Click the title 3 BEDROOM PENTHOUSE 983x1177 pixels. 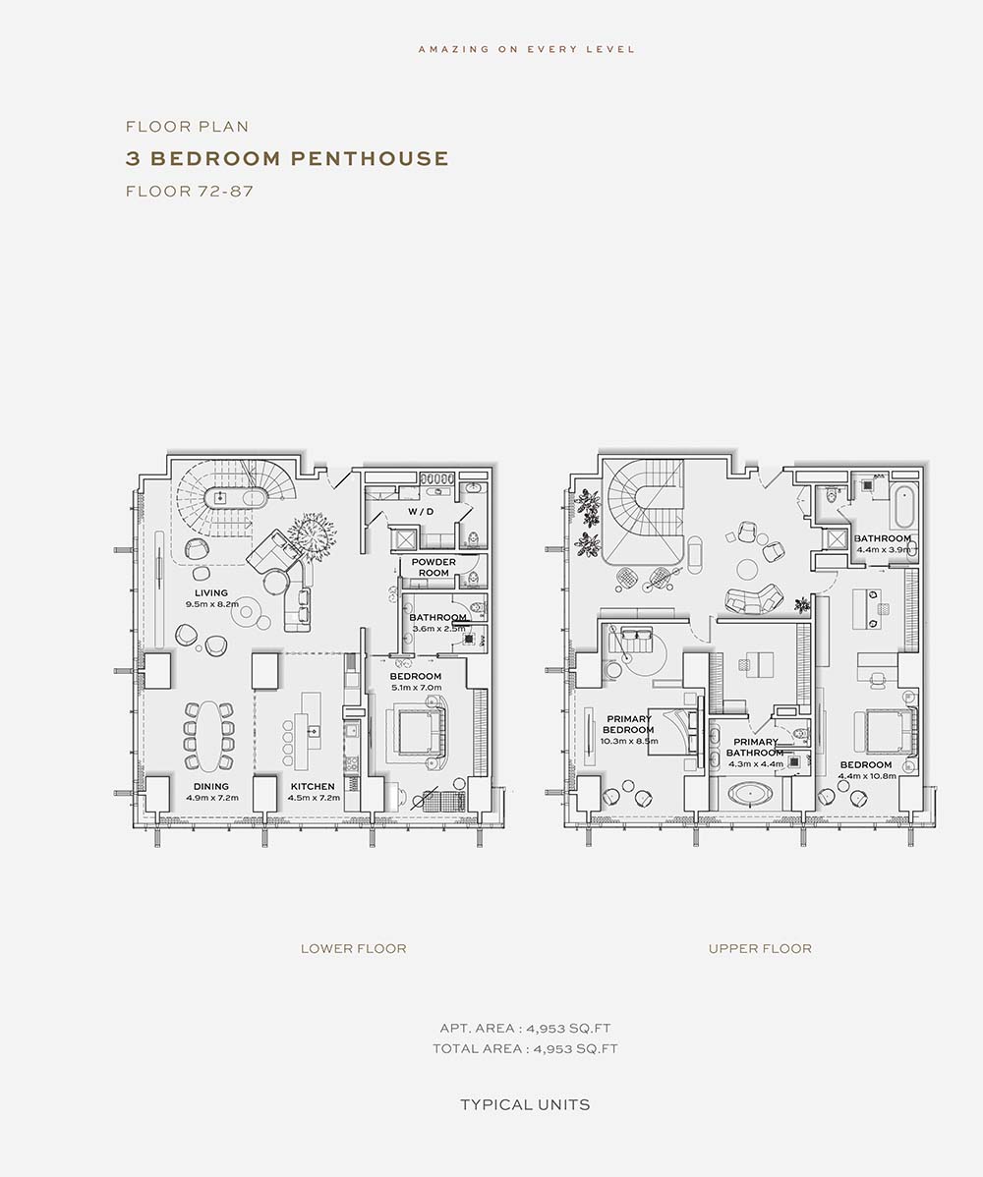tap(287, 158)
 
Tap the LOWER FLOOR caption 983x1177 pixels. tap(354, 949)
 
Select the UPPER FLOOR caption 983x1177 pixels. tap(760, 949)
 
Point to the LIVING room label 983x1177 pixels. tap(211, 593)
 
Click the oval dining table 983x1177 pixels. tap(208, 736)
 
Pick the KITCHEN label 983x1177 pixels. tap(313, 787)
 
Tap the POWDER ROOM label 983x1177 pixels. tap(434, 568)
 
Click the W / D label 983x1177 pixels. tap(421, 511)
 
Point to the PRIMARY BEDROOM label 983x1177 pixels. tap(628, 724)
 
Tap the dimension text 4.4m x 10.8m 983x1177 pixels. tap(867, 776)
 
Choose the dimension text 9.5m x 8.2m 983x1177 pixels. tap(212, 604)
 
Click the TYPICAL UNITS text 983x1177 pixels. tap(525, 1105)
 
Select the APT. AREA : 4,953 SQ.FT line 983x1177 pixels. tap(525, 1029)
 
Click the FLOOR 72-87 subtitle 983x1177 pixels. tap(190, 192)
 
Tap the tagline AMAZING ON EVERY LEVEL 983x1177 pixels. tap(527, 49)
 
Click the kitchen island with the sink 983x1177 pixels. tap(311, 731)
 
